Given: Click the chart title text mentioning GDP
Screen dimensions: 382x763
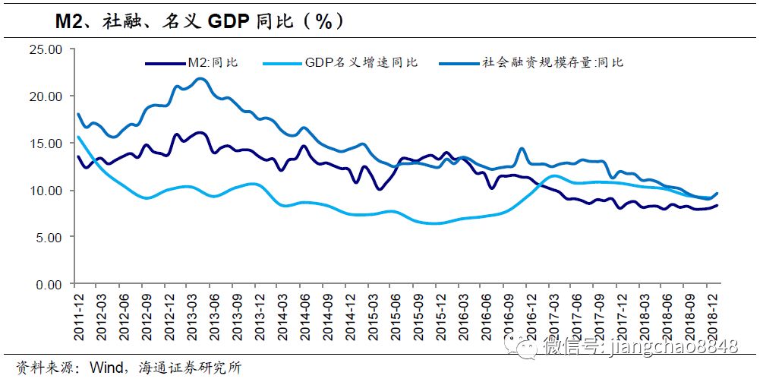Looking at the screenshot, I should coord(200,21).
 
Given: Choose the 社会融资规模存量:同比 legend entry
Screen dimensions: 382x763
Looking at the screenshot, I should coord(553,62).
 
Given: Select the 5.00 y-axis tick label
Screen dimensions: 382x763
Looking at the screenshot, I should coord(47,237).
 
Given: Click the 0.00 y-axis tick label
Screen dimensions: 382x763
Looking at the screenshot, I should coord(47,284).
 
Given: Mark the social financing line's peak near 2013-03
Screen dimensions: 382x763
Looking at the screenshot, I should coord(200,78).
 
